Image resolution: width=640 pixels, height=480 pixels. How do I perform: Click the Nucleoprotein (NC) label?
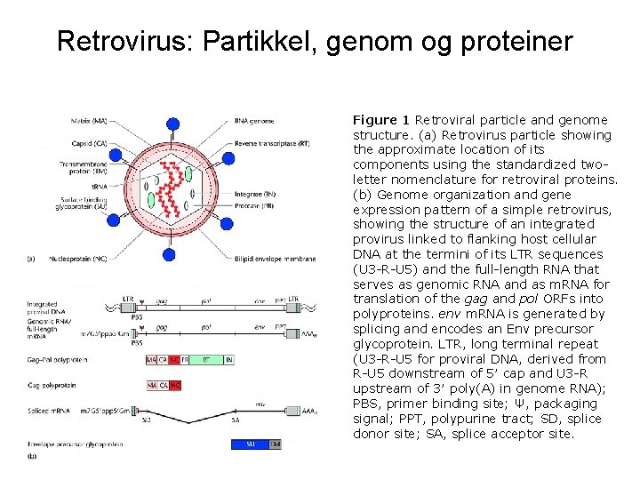click(x=83, y=260)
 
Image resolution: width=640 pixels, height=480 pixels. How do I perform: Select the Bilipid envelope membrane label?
click(x=275, y=260)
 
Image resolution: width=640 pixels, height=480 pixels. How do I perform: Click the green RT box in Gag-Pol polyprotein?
click(x=205, y=359)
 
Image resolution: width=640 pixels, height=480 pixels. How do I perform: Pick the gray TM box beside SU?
click(x=275, y=443)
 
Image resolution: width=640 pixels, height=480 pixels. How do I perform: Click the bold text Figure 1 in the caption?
click(x=381, y=120)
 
